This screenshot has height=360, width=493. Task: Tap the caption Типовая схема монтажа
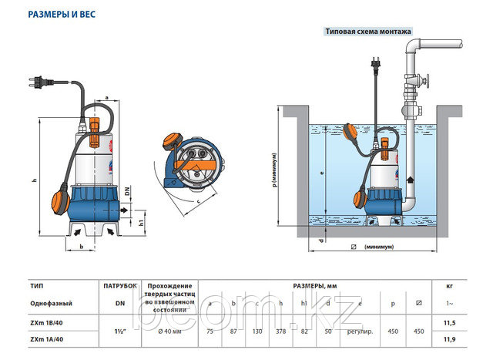tap(369, 32)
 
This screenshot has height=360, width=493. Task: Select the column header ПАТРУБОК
tap(120, 285)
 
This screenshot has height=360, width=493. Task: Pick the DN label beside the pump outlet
tap(126, 190)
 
